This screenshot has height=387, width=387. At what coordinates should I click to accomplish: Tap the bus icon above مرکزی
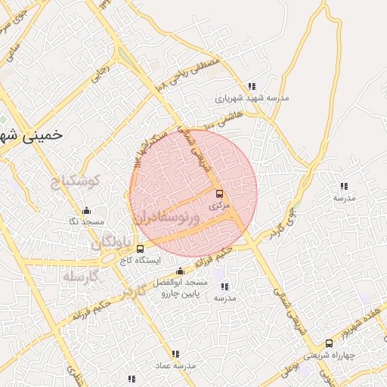(219, 193)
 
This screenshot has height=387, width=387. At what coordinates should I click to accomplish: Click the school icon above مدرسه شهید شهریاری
(252, 86)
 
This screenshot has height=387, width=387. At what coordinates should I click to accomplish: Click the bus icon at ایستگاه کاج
(139, 248)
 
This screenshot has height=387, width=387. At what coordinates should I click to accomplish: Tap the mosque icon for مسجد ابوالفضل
(180, 271)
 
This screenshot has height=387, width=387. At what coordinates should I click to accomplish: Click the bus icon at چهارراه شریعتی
(328, 342)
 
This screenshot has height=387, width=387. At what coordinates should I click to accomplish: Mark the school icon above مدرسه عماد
(175, 354)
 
